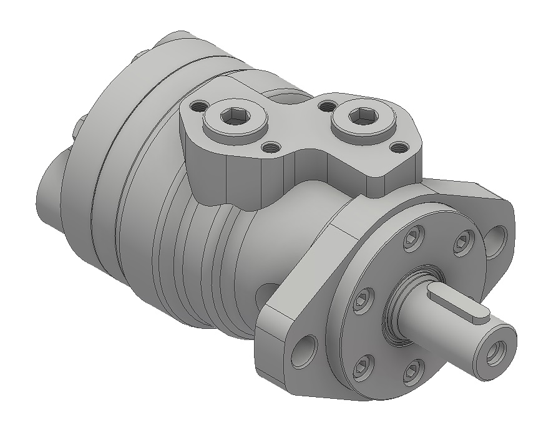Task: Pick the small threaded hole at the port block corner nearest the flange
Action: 396,148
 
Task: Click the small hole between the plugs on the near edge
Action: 270,148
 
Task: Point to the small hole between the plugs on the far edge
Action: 324,106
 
